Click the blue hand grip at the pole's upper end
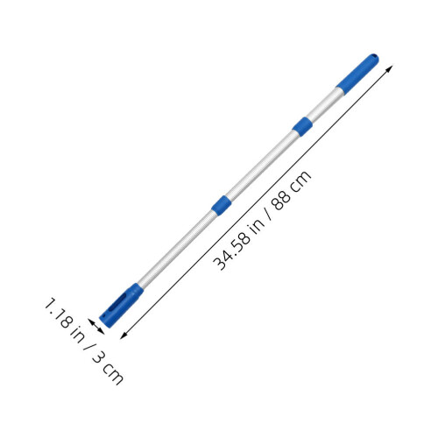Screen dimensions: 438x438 pyautogui.click(x=357, y=74)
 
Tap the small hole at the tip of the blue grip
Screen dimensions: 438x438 pyautogui.click(x=374, y=55)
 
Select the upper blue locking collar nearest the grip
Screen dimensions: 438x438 pyautogui.click(x=302, y=127)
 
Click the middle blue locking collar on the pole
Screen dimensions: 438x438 pyautogui.click(x=222, y=205)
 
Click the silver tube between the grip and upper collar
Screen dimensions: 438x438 pyautogui.click(x=324, y=105)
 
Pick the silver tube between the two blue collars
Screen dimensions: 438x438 pyautogui.click(x=262, y=166)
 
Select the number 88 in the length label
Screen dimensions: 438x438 pyautogui.click(x=282, y=200)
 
